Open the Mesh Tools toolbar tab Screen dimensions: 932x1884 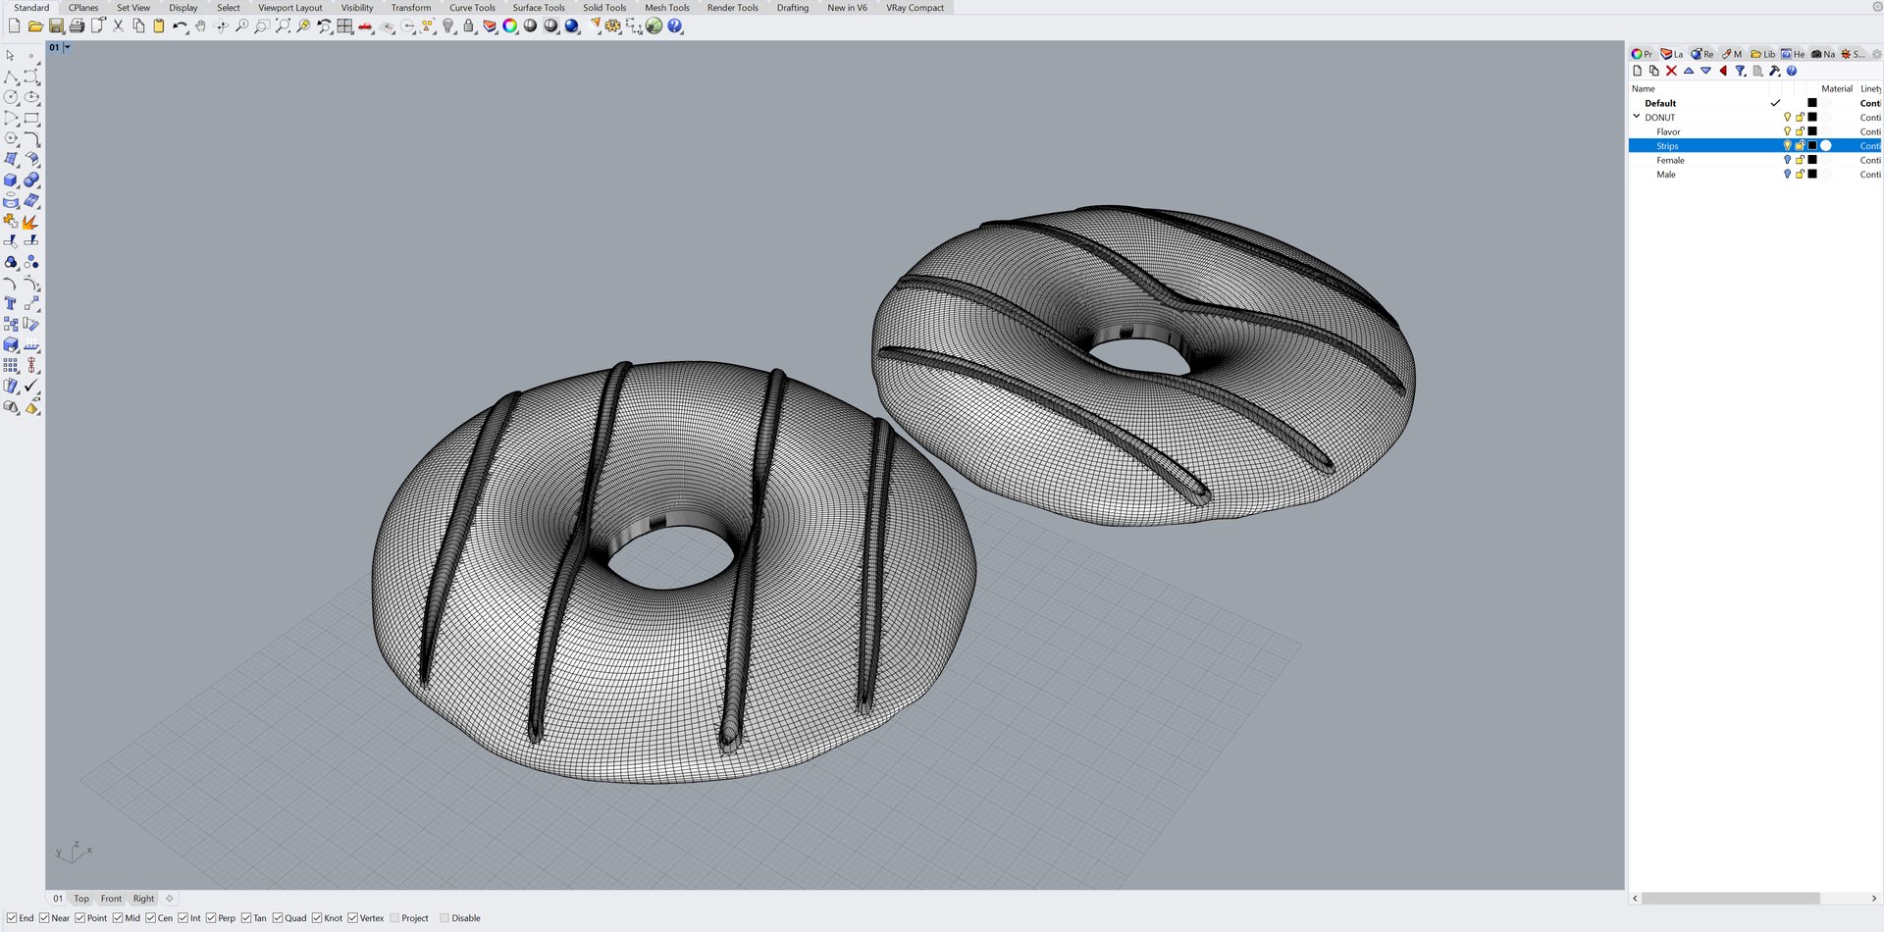[666, 8]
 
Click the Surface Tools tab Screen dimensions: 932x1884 [539, 8]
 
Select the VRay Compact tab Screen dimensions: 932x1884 [915, 8]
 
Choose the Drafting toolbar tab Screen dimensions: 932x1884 [792, 8]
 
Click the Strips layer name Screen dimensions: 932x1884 [1667, 146]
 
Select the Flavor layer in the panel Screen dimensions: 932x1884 [1668, 131]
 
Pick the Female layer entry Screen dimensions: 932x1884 [1670, 160]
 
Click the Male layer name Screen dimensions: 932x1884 [1666, 175]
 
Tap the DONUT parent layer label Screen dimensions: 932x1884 [1660, 118]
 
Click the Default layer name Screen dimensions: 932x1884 [1660, 103]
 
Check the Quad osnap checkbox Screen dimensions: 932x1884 [279, 918]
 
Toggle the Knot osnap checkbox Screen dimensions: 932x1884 [317, 918]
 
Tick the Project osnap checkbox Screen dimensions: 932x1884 [394, 918]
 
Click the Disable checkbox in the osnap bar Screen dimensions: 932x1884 [445, 918]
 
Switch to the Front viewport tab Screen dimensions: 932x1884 [111, 899]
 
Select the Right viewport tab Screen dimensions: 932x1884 [143, 899]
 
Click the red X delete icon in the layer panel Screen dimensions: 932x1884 [1671, 71]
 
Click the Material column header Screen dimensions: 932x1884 [1836, 88]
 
